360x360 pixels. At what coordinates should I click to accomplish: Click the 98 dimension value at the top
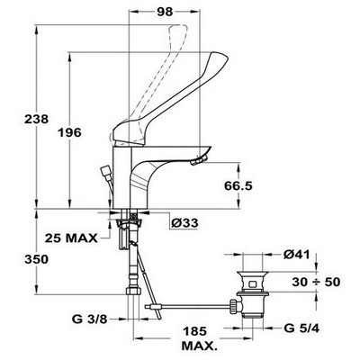point(165,12)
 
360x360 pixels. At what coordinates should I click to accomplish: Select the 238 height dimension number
point(36,120)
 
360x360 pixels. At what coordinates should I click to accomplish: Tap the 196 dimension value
point(69,132)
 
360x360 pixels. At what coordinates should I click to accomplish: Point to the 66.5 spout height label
point(238,186)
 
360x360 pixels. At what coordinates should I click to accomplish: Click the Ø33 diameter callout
point(184,223)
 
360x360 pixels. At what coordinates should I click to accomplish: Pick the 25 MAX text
point(71,238)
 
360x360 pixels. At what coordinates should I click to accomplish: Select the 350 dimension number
point(36,259)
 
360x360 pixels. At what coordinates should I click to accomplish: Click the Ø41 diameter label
point(296,255)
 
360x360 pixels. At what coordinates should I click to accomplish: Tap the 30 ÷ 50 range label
point(316,282)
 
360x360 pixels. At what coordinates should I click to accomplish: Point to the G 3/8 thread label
point(90,319)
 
